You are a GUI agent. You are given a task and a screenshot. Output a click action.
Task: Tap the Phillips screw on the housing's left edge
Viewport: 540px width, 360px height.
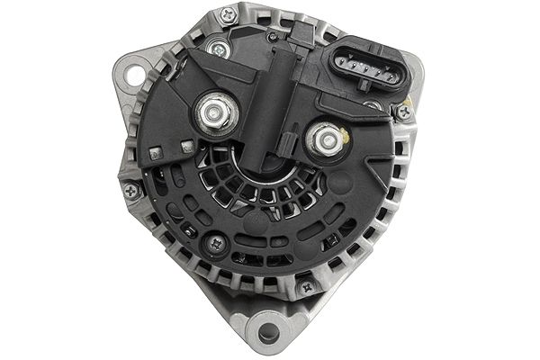[132, 190]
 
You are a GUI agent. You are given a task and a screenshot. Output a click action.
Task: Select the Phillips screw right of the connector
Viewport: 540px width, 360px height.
[405, 112]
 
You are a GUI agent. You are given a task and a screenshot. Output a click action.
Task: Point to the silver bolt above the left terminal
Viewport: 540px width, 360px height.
[214, 47]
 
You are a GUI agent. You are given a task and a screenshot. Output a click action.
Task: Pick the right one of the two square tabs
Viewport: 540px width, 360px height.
[187, 145]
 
